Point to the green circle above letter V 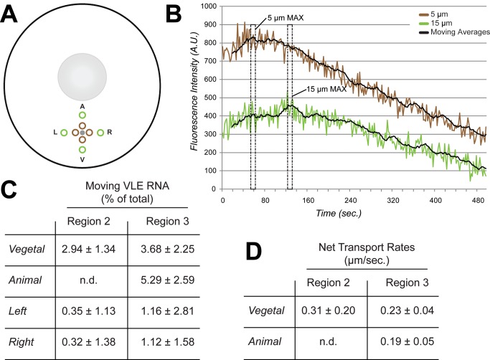(83, 150)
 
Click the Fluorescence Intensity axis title (194, 97)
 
